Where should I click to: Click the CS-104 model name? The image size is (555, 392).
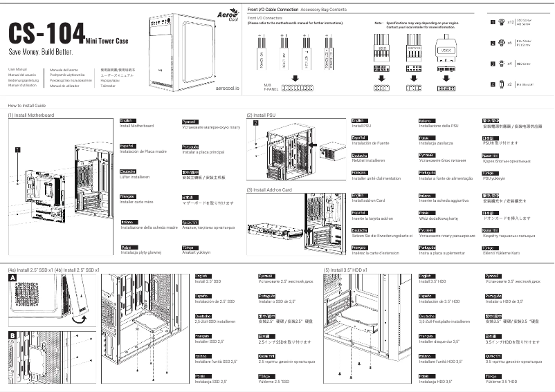[46, 35]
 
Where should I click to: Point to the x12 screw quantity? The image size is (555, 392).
[511, 23]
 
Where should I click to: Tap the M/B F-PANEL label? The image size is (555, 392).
[271, 87]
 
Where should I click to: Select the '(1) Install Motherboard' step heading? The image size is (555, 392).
[31, 115]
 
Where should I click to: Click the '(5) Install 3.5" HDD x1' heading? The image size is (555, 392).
[350, 269]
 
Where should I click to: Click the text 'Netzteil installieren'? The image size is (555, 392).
[368, 160]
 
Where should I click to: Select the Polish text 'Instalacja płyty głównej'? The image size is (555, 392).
[140, 252]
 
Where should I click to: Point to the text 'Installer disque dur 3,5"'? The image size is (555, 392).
[439, 342]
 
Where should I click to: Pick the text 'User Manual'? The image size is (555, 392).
[17, 70]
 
